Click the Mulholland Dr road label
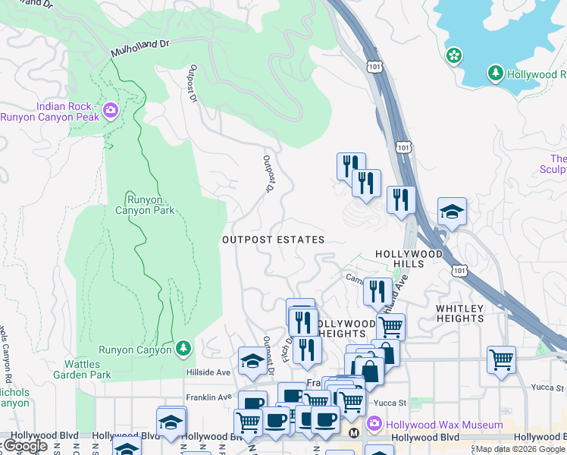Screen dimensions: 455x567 tap(139, 49)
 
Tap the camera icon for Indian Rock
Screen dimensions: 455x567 tap(111, 111)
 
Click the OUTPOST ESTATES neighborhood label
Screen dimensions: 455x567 tap(273, 240)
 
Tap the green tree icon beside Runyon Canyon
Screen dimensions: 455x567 tap(183, 349)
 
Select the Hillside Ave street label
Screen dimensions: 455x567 tap(208, 373)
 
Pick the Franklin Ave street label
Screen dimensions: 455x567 tap(208, 397)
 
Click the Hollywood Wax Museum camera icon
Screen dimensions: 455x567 tap(373, 423)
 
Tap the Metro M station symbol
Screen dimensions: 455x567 tap(353, 433)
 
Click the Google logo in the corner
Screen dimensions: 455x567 tap(25, 446)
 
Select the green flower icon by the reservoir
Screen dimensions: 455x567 tap(453, 55)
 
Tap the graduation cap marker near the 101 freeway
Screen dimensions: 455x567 tap(452, 212)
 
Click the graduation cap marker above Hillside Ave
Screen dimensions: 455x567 tap(251, 361)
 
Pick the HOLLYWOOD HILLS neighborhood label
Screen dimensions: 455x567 tap(409, 259)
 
